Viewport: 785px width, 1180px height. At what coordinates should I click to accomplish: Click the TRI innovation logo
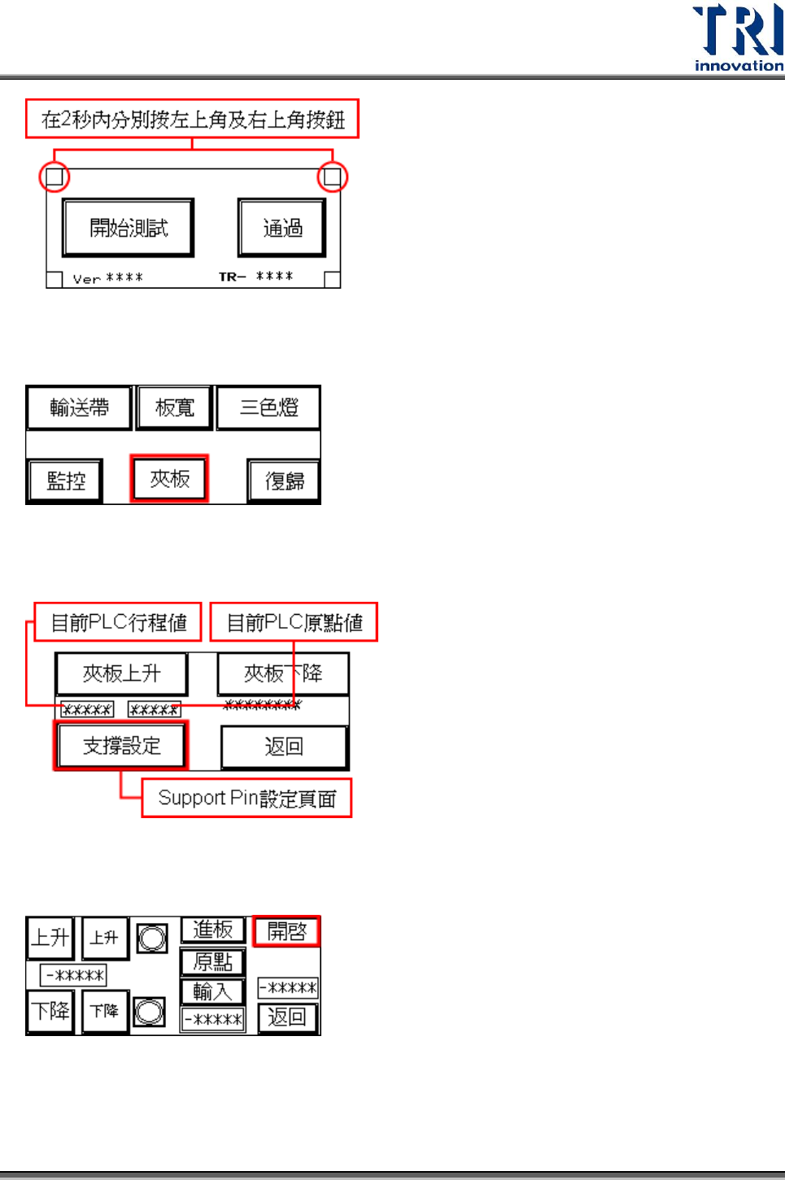[x=737, y=37]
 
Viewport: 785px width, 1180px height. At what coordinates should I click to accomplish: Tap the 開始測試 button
[x=128, y=228]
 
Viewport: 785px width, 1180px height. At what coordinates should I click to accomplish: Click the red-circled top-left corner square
[x=55, y=176]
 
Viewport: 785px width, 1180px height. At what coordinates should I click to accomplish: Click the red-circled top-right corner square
[x=332, y=176]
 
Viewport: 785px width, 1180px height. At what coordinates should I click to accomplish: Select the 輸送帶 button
[x=79, y=407]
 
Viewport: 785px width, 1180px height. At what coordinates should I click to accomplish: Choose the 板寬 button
[x=175, y=407]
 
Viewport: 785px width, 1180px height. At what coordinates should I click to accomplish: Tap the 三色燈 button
[x=268, y=407]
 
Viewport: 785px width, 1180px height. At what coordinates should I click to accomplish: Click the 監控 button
[x=65, y=481]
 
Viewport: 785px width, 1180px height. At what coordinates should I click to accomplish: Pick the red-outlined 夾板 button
[x=169, y=479]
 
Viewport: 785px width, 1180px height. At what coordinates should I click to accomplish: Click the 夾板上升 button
[x=121, y=673]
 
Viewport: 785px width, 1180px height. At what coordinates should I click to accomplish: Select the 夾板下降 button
[x=283, y=673]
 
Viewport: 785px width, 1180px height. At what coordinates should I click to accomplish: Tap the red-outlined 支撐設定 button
[x=121, y=745]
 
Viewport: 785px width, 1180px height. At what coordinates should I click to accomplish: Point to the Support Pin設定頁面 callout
[x=246, y=798]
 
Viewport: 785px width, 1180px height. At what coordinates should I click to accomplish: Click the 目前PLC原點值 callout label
[x=294, y=622]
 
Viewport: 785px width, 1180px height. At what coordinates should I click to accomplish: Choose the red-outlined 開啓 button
[x=286, y=931]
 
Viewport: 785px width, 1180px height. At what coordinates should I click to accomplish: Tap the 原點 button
[x=212, y=962]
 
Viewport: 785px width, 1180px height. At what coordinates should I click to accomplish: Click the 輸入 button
[x=212, y=991]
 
